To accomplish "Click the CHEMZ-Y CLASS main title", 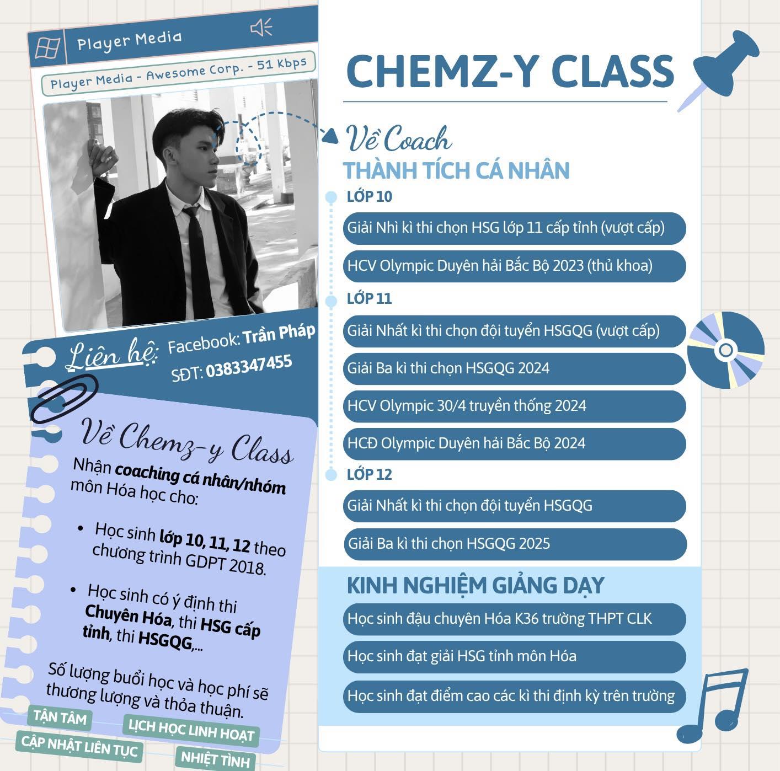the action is pyautogui.click(x=510, y=71).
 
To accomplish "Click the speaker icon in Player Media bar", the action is pyautogui.click(x=261, y=28).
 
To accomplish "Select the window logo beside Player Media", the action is pyautogui.click(x=48, y=48).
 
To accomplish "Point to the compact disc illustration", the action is pyautogui.click(x=726, y=350).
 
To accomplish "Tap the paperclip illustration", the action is pyautogui.click(x=64, y=398).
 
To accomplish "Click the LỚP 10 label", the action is pyautogui.click(x=370, y=197).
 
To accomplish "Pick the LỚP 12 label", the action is pyautogui.click(x=369, y=474).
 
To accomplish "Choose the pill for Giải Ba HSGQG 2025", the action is pyautogui.click(x=515, y=544).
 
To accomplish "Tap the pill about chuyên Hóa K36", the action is pyautogui.click(x=515, y=619).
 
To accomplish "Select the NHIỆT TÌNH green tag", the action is pyautogui.click(x=215, y=759).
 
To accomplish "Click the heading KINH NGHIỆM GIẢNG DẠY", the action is pyautogui.click(x=476, y=585).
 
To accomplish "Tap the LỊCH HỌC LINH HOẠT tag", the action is pyautogui.click(x=191, y=731).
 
